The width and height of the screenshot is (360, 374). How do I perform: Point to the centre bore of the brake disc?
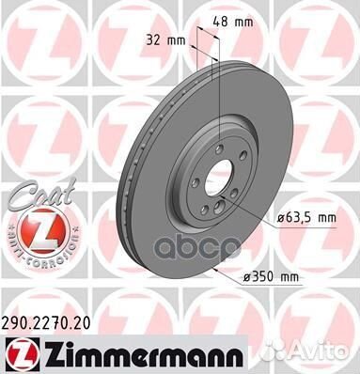tap(219, 179)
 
